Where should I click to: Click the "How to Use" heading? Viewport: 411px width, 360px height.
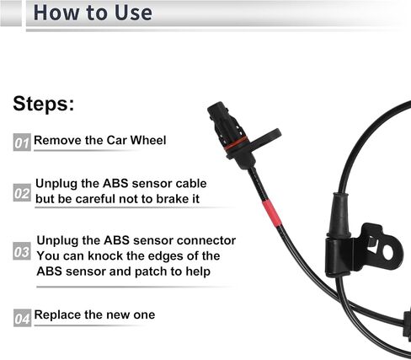coord(93,13)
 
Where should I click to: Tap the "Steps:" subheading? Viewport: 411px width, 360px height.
coord(44,104)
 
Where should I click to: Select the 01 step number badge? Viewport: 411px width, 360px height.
coord(22,142)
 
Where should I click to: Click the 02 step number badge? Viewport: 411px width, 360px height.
coord(22,193)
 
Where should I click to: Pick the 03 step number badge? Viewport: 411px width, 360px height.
coord(22,251)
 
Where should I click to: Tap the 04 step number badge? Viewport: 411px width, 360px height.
coord(22,318)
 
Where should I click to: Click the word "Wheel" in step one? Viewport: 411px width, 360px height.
coord(148,140)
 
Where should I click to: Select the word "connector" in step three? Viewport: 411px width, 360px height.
coord(206,240)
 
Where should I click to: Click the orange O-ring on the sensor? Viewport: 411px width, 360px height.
coord(236,142)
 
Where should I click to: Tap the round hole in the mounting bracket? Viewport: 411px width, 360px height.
coord(388,252)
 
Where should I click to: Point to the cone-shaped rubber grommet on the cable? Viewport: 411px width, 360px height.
coord(339,215)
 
